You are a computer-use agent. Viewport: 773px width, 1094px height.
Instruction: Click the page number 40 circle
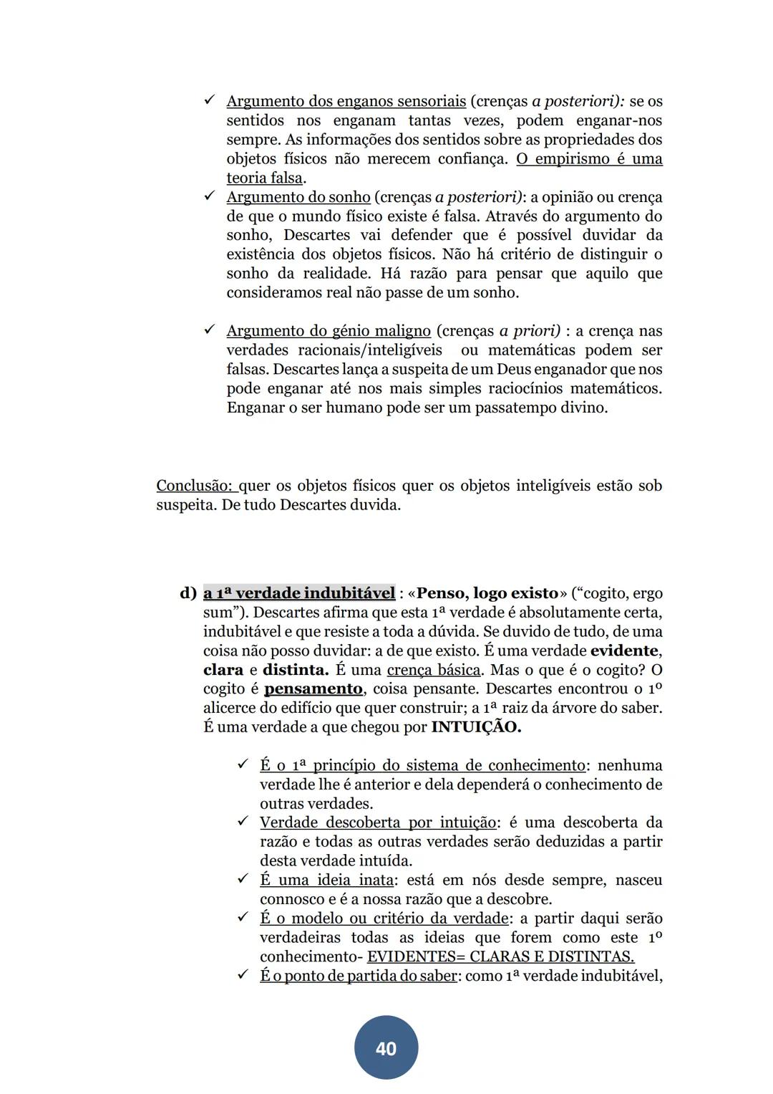(x=386, y=1047)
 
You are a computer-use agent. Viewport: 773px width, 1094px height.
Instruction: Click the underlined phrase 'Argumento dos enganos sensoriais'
(x=346, y=102)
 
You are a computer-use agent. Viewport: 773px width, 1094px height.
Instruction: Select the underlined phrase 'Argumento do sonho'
(x=298, y=197)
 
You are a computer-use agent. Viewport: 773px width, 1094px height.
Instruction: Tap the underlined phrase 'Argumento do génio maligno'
(x=329, y=331)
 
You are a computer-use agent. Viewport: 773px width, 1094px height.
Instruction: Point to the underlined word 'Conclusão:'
(x=196, y=486)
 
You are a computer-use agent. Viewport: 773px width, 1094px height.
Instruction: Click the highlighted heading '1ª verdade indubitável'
(x=299, y=593)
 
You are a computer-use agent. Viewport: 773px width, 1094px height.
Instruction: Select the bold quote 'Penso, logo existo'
(x=487, y=593)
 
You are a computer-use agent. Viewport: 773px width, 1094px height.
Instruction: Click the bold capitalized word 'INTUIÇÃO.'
(x=476, y=727)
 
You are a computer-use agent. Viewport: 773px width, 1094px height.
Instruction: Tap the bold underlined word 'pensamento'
(x=313, y=689)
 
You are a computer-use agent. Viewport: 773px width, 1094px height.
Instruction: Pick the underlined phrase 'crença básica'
(x=434, y=670)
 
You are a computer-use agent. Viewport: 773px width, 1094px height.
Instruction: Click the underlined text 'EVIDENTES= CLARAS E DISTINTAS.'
(x=500, y=957)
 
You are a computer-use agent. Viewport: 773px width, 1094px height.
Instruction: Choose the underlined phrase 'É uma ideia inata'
(x=326, y=881)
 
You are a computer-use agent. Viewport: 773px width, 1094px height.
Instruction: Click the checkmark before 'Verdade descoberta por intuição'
(x=243, y=822)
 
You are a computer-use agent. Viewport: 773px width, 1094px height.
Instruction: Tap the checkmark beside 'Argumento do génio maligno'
(x=210, y=330)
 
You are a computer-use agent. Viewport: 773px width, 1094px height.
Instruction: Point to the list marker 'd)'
(x=188, y=593)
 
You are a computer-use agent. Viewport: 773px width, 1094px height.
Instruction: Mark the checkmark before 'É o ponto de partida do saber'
(x=243, y=975)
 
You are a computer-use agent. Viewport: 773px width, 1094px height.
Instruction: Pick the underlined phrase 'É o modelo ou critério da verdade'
(x=384, y=918)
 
